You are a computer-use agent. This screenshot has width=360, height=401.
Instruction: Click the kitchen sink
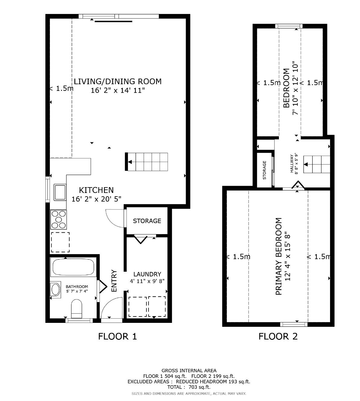[60, 192]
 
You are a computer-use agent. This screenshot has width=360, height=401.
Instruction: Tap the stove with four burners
[59, 219]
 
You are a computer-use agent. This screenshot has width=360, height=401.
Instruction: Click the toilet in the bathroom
[76, 308]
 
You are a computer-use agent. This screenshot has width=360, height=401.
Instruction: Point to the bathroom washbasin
[56, 289]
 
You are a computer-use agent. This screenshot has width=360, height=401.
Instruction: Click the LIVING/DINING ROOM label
[118, 81]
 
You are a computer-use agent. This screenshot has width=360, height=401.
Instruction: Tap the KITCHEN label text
[96, 190]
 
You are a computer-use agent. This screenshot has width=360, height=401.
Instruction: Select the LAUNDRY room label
[147, 274]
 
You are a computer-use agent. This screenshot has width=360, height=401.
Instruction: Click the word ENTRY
[114, 281]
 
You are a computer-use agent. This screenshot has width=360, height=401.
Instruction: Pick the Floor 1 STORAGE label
[147, 221]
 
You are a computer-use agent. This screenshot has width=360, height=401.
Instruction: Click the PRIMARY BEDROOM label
[279, 256]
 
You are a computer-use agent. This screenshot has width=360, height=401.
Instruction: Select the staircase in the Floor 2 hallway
[316, 164]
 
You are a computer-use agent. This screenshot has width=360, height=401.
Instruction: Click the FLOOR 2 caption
[278, 336]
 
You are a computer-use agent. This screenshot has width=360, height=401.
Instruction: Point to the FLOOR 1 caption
[117, 336]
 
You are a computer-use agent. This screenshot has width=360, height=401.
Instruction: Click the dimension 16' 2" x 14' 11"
[118, 90]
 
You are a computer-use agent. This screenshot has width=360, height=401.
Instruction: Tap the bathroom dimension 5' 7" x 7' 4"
[77, 291]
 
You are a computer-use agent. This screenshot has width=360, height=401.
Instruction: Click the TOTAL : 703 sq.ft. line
[189, 387]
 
